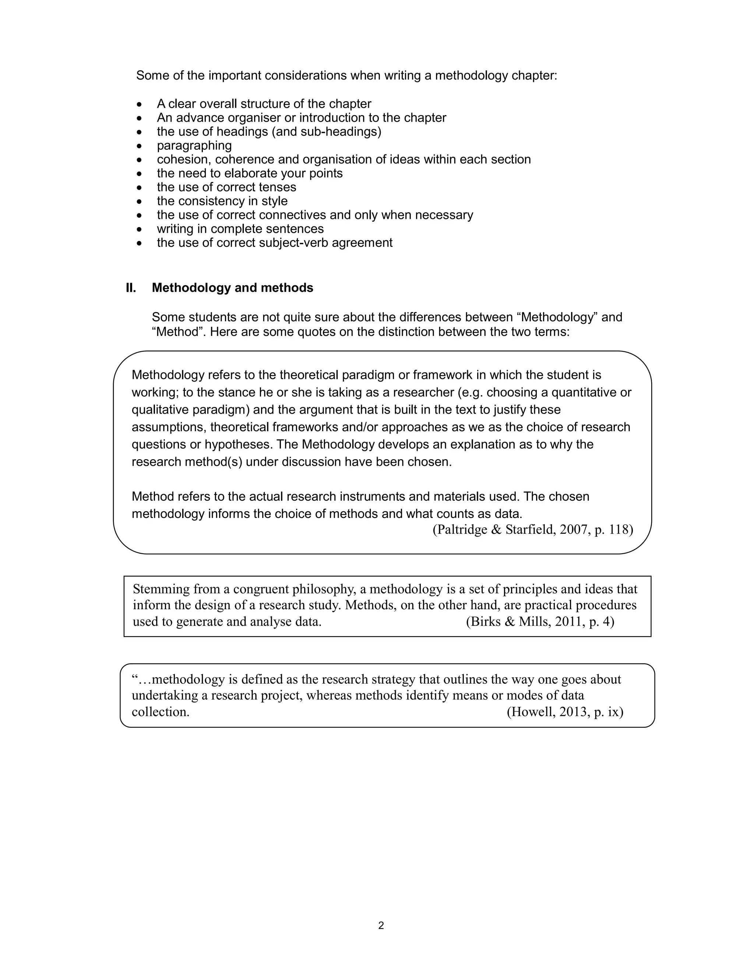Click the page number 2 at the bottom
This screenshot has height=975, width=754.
coord(381,925)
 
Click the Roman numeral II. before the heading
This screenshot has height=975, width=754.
coord(130,288)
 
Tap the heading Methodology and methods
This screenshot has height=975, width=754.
coord(232,288)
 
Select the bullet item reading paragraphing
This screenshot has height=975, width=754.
coord(194,146)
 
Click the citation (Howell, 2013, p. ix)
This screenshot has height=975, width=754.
coord(565,712)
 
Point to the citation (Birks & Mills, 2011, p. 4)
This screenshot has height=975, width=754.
coord(540,621)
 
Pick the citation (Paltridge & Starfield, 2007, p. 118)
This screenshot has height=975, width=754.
coord(532,529)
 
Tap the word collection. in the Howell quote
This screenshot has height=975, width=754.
coord(161,712)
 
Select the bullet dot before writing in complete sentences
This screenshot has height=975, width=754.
coord(140,230)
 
